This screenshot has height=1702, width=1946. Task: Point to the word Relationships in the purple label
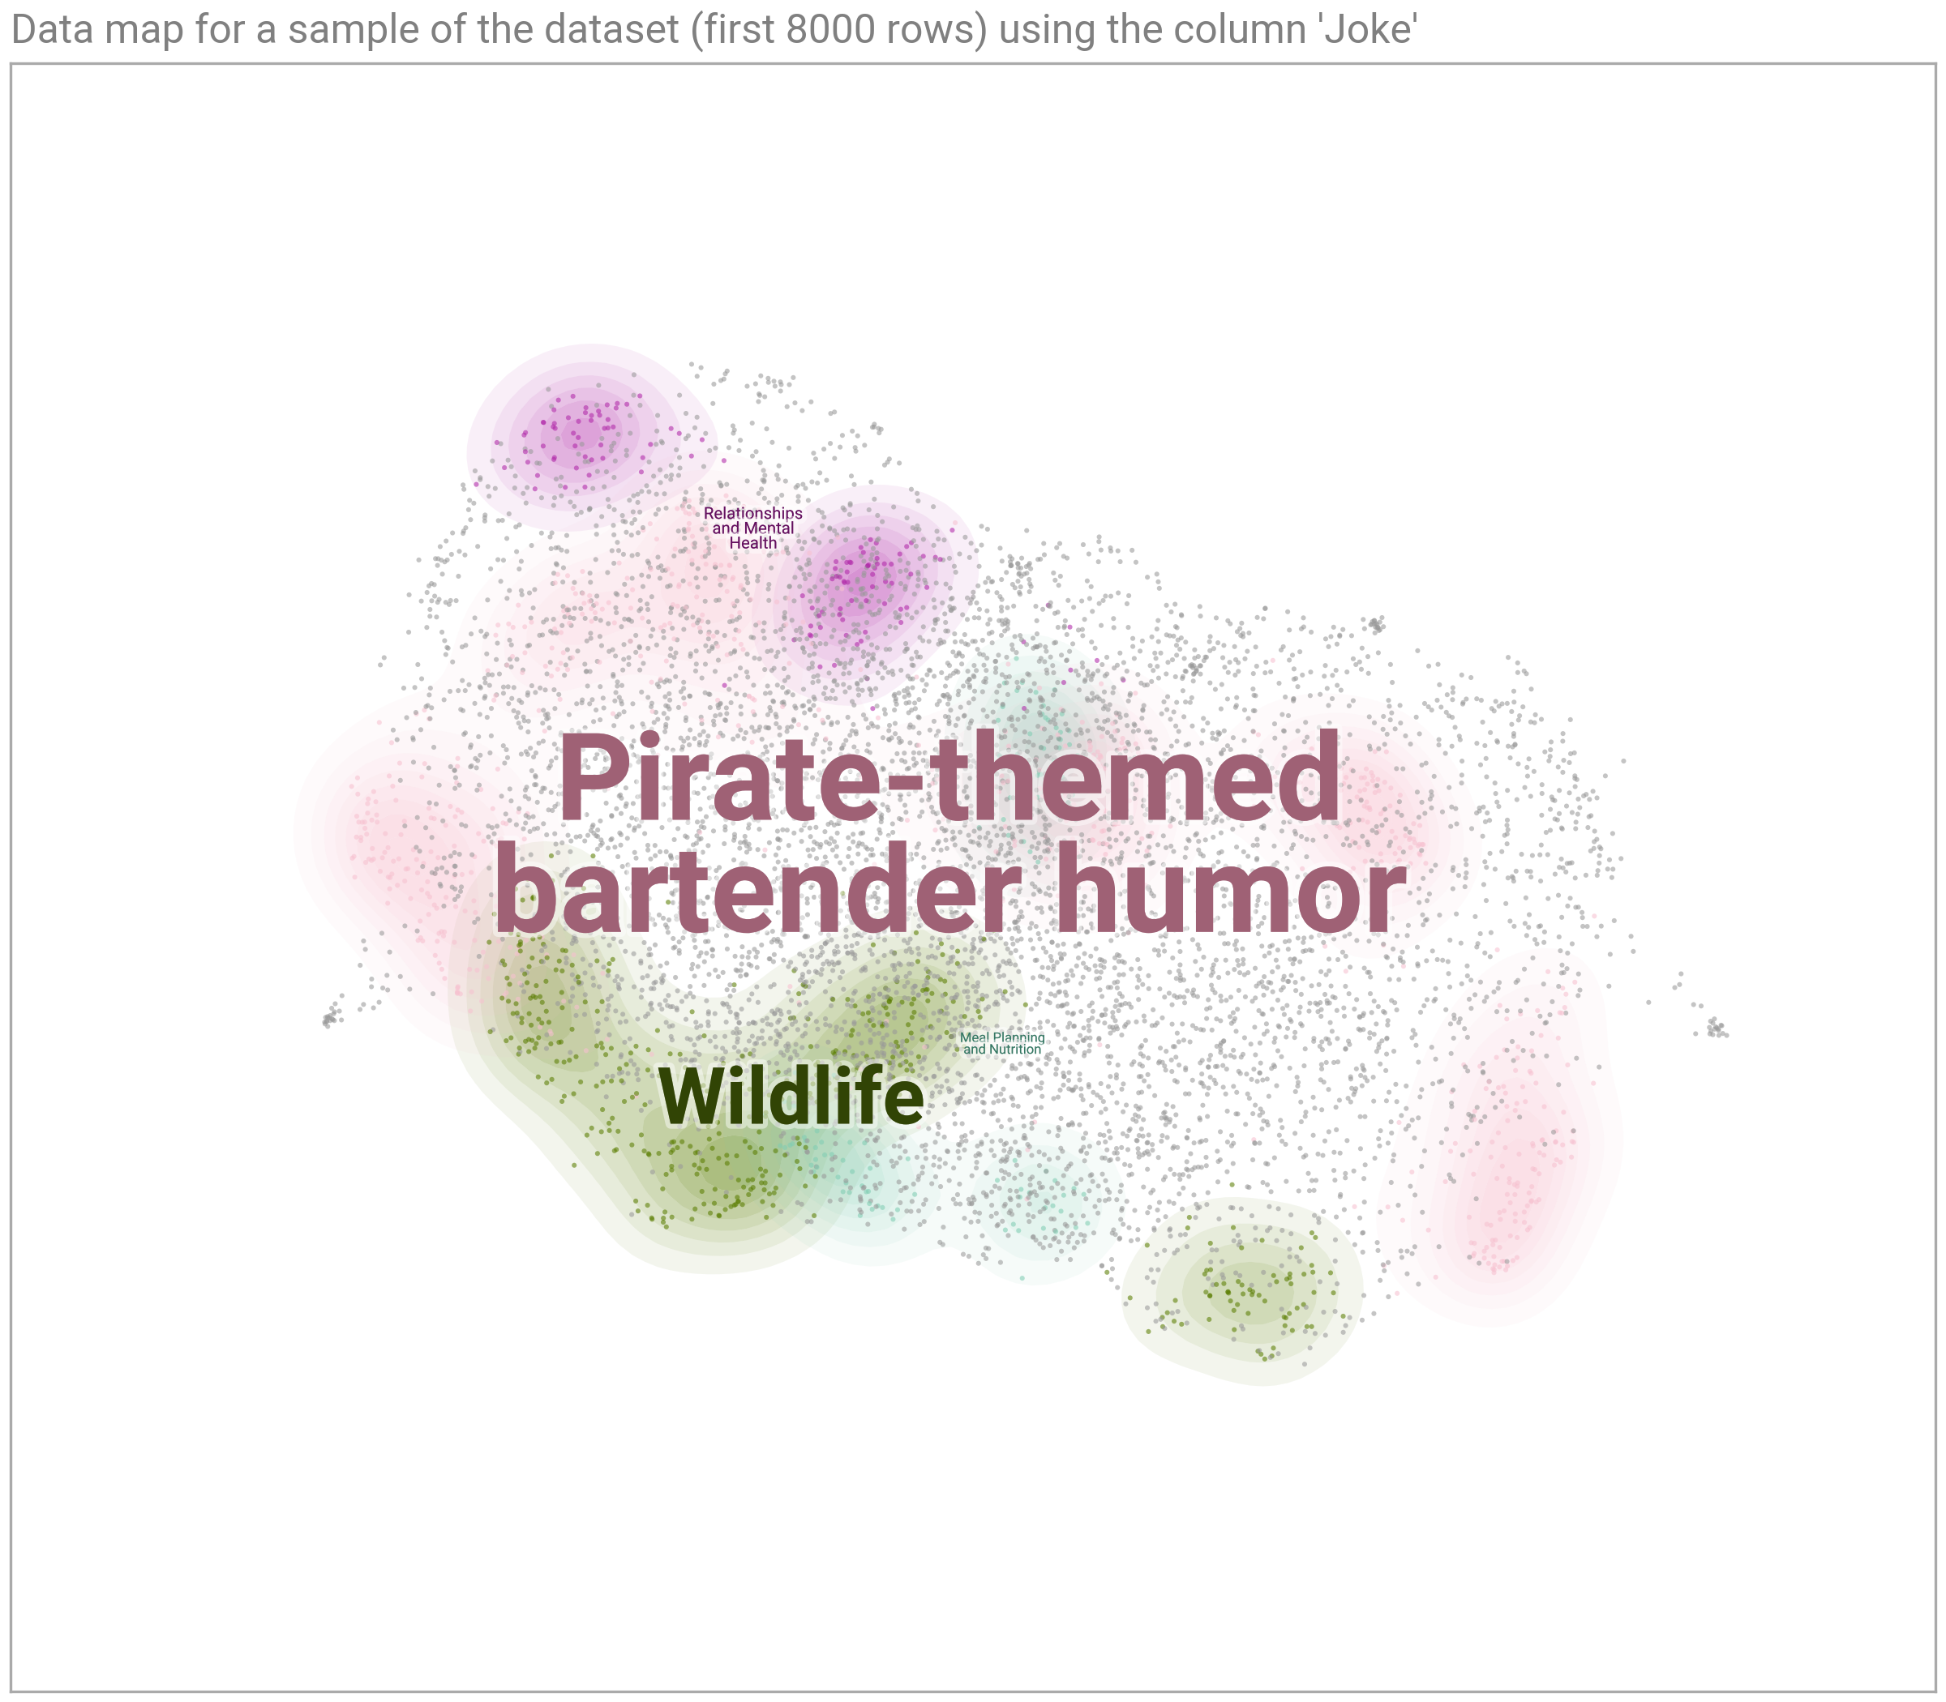(x=752, y=513)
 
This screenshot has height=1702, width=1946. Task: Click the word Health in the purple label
(x=752, y=543)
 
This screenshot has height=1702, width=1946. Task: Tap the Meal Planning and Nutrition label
(x=1002, y=1044)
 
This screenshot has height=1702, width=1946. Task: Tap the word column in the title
(x=1266, y=31)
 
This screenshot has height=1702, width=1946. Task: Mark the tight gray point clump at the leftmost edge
(x=328, y=1019)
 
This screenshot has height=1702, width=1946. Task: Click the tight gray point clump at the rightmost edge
(x=1716, y=1028)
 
